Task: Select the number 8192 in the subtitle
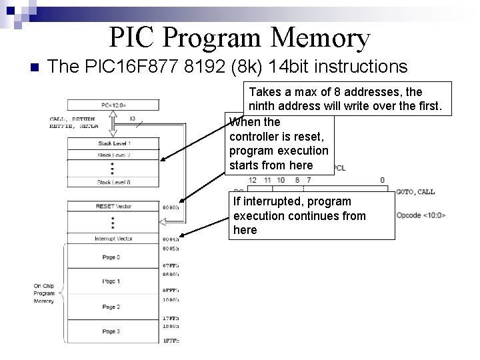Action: pos(179,66)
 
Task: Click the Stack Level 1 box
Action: pos(113,143)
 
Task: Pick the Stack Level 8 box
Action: pos(113,182)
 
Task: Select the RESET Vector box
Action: pos(113,207)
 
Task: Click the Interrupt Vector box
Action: pos(113,238)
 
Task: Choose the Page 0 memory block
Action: pos(113,257)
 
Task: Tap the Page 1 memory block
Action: pos(113,281)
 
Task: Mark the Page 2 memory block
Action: pos(113,307)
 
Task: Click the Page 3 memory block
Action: pos(113,331)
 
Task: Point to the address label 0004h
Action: pos(171,239)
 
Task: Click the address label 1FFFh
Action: pos(171,341)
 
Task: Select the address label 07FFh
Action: pos(171,266)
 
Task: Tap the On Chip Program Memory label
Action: pos(44,293)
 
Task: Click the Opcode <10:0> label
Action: pos(421,215)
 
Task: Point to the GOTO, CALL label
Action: pos(415,192)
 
